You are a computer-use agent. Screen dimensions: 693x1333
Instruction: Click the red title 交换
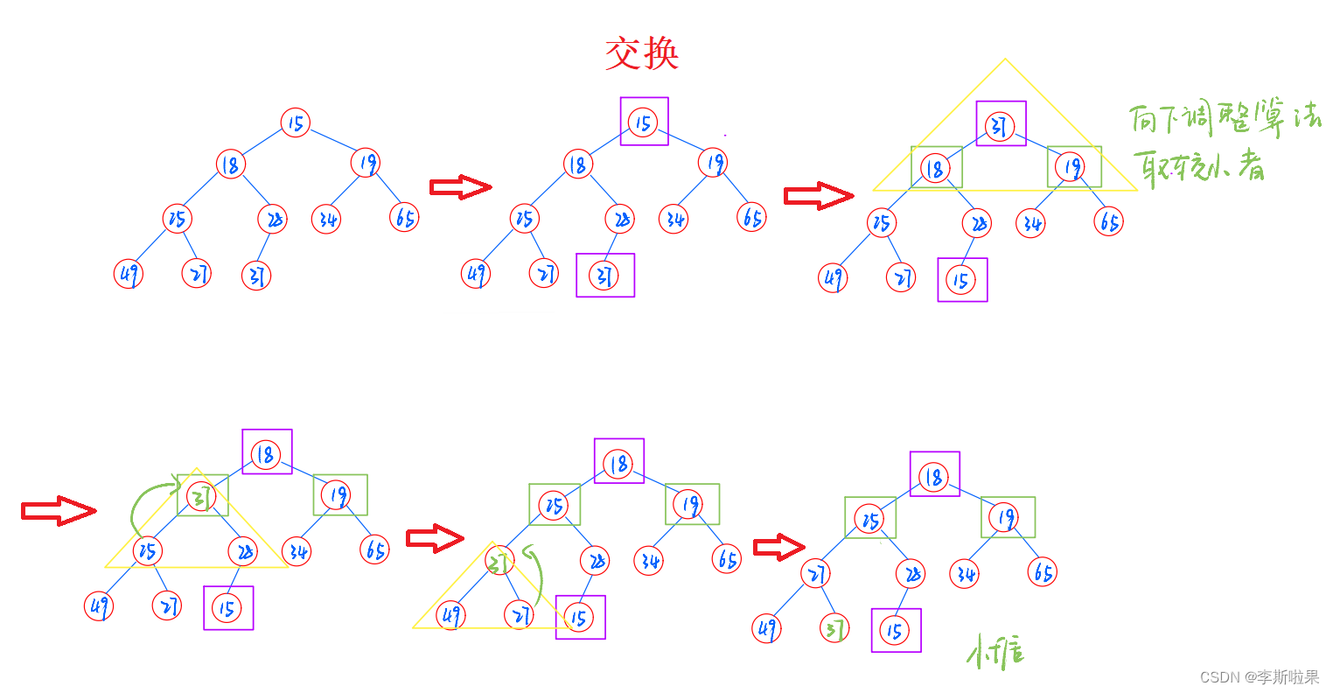(x=642, y=54)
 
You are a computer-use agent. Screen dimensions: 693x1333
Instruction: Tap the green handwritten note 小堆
(x=995, y=653)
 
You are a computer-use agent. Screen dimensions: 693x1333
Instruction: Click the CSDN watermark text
(x=1259, y=677)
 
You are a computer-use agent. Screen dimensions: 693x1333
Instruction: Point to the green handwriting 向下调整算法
(x=1224, y=118)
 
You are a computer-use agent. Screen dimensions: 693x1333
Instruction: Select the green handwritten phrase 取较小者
(x=1198, y=165)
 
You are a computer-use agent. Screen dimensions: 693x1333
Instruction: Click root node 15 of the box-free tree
(x=296, y=123)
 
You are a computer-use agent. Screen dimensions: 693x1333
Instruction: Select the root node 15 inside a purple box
(x=644, y=122)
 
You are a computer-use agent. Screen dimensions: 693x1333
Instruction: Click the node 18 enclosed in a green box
(x=935, y=169)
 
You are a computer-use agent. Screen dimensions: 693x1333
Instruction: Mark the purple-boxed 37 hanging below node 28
(x=604, y=276)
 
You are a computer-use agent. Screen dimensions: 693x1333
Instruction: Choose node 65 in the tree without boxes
(x=404, y=217)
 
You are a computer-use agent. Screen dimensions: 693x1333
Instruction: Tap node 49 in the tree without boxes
(x=129, y=274)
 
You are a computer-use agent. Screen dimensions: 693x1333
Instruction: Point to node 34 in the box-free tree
(x=326, y=219)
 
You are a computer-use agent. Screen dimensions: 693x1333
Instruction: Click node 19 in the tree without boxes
(x=366, y=163)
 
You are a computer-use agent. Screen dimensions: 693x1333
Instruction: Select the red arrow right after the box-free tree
(x=460, y=186)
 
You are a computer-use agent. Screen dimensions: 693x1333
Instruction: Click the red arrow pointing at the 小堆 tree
(x=778, y=548)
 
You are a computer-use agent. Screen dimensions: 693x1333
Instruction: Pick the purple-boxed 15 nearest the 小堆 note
(x=895, y=631)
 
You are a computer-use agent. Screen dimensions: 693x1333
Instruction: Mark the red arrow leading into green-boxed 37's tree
(x=59, y=511)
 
